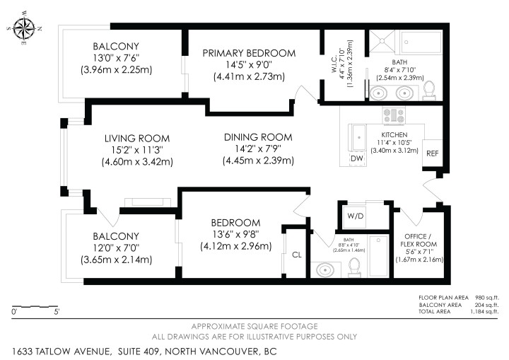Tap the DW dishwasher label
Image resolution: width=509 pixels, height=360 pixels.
click(x=358, y=158)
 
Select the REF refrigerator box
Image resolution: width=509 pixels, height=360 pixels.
click(x=431, y=152)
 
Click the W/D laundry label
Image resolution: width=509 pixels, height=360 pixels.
click(x=354, y=214)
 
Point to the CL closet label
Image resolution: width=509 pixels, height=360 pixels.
click(x=297, y=254)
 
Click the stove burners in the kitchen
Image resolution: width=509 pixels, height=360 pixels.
click(x=393, y=115)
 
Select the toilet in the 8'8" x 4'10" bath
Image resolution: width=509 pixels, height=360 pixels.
click(x=355, y=266)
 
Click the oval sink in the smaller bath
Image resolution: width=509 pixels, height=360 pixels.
click(x=325, y=269)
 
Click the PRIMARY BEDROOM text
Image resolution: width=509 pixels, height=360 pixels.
click(x=249, y=53)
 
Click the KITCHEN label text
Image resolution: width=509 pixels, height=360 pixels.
click(x=394, y=134)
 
